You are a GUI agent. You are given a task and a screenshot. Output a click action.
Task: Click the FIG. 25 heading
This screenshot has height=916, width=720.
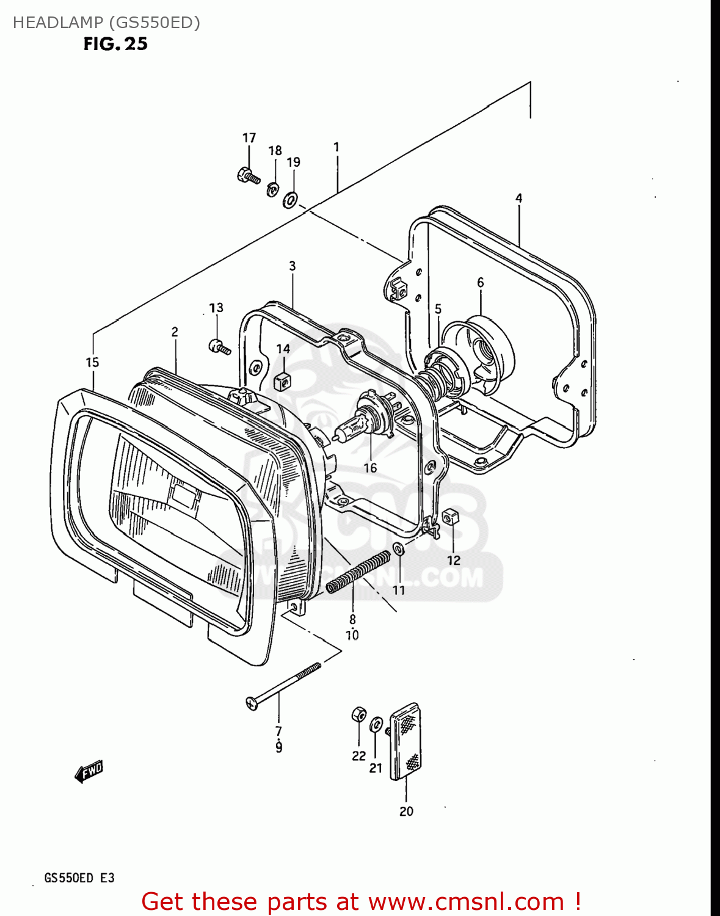(x=115, y=44)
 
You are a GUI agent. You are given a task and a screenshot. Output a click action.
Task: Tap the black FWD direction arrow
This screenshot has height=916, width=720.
(x=89, y=772)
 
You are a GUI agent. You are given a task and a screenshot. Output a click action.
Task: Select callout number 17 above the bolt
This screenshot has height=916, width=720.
(x=249, y=138)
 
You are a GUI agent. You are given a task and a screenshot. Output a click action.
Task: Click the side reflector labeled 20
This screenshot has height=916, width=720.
(x=406, y=741)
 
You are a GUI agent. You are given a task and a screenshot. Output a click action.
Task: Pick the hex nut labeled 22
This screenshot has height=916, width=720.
(x=359, y=714)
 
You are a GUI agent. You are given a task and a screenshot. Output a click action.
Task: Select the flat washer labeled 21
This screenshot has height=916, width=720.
(x=377, y=725)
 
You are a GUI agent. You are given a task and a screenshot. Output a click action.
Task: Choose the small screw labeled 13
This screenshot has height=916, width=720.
(x=219, y=347)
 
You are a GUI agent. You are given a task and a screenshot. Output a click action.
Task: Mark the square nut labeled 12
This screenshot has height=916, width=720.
(x=451, y=517)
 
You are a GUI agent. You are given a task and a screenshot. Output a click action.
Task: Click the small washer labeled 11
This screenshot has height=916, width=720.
(x=398, y=548)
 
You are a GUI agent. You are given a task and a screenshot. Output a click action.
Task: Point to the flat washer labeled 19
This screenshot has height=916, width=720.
(x=290, y=200)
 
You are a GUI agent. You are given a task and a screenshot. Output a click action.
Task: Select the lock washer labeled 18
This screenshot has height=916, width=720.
(x=272, y=189)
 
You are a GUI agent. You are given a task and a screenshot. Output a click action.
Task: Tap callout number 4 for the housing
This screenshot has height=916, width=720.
(x=518, y=198)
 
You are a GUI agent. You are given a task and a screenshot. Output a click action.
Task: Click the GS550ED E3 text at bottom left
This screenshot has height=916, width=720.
(x=79, y=878)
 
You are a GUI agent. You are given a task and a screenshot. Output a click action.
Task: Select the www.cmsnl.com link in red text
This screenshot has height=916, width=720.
(x=466, y=901)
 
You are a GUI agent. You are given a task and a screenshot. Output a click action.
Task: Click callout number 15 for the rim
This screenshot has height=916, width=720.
(x=92, y=363)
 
